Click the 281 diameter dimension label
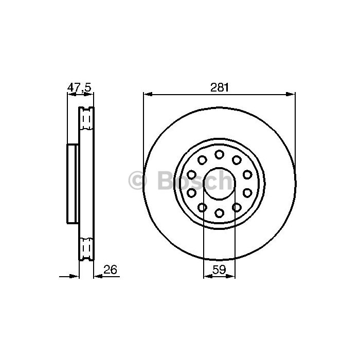point(220,87)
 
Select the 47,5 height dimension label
point(79,87)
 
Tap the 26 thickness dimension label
point(110,269)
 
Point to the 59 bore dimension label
point(219,269)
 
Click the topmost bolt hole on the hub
point(219,154)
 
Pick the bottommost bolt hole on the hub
point(219,213)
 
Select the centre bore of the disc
point(219,184)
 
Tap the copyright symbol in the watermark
point(137,180)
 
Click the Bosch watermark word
point(195,180)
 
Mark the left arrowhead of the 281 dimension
point(148,94)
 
